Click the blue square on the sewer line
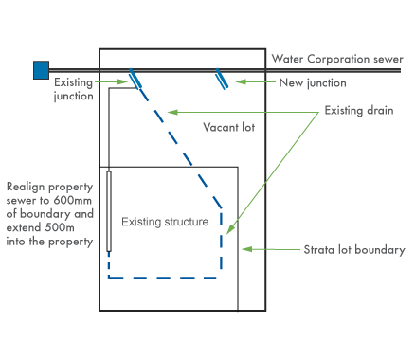pos(41,69)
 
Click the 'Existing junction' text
pos(74,89)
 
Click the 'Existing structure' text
pos(165,222)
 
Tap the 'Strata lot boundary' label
pos(353,250)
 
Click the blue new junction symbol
pos(223,79)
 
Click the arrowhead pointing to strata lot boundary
pos(245,250)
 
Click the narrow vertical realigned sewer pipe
pos(110,210)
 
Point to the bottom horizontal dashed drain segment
pos(165,278)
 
